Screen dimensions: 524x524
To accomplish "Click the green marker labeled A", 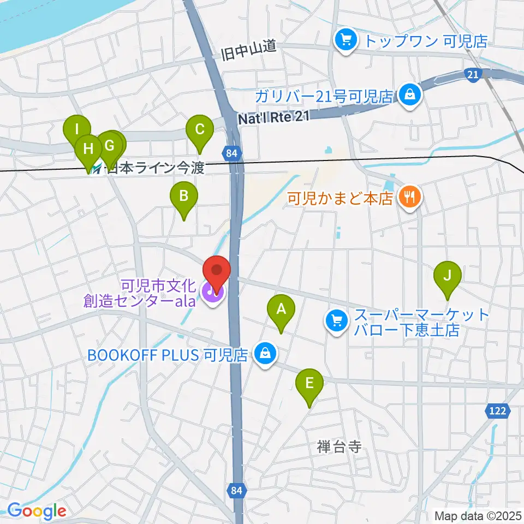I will (x=281, y=310).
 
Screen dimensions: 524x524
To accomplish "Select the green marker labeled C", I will (x=199, y=130).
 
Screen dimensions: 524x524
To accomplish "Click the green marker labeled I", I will (x=77, y=130).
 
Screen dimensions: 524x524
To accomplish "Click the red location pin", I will (x=217, y=270).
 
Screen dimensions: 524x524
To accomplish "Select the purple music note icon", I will (x=211, y=291).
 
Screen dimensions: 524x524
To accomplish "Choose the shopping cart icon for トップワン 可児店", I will (x=346, y=39).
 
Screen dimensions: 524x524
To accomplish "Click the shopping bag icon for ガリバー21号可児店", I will (x=408, y=95).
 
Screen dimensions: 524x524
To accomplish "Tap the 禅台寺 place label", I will (x=339, y=447).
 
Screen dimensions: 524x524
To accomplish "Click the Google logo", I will (x=37, y=511).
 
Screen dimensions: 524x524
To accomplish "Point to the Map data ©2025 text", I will (x=477, y=515).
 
